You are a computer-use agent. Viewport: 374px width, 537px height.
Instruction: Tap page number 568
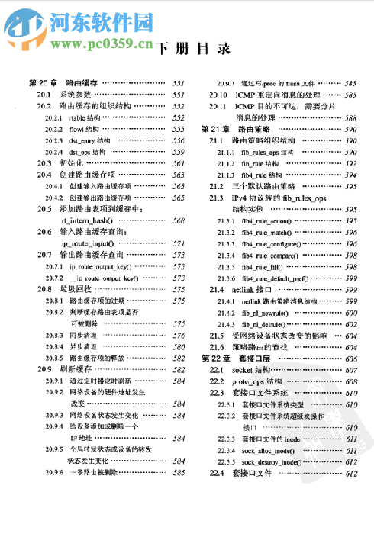click(179, 220)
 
